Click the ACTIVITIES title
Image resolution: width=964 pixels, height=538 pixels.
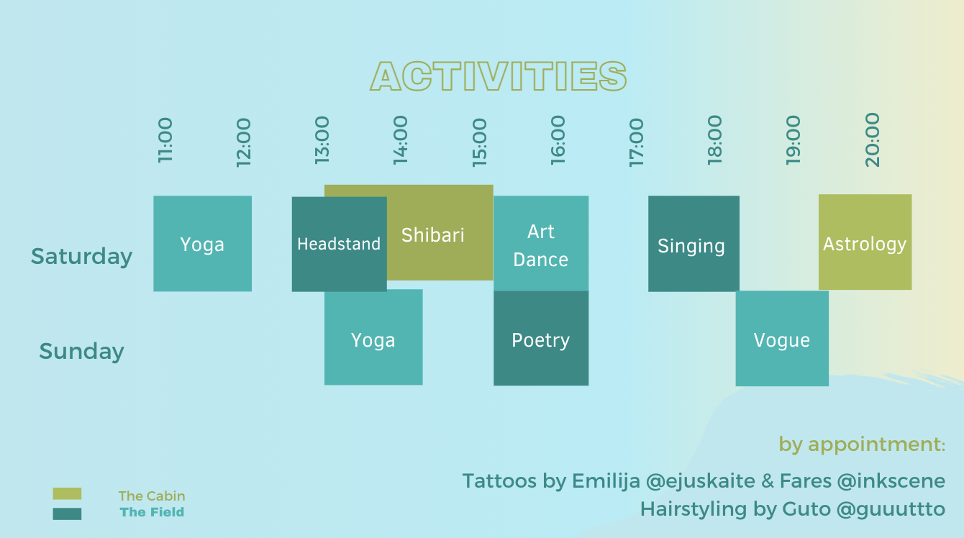pyautogui.click(x=499, y=76)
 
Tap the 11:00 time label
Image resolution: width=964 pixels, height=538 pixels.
pyautogui.click(x=165, y=140)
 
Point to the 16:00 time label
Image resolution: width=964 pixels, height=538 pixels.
pyautogui.click(x=558, y=140)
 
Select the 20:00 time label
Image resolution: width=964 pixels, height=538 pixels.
pyautogui.click(x=873, y=140)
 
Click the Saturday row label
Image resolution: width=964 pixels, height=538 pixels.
pyautogui.click(x=81, y=257)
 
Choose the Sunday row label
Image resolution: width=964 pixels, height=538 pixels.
pyautogui.click(x=81, y=351)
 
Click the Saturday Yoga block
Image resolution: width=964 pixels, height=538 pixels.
pyautogui.click(x=203, y=244)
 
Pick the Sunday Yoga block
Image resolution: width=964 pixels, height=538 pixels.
pyautogui.click(x=373, y=337)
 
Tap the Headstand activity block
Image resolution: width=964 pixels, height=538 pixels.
pyautogui.click(x=339, y=244)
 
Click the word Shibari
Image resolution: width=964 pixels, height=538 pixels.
pyautogui.click(x=433, y=235)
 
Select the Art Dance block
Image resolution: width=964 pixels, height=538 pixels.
pyautogui.click(x=541, y=244)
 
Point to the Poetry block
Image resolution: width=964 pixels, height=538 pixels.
pyautogui.click(x=541, y=338)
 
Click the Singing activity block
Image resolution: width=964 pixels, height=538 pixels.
pyautogui.click(x=694, y=244)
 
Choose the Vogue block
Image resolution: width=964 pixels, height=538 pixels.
pyautogui.click(x=782, y=338)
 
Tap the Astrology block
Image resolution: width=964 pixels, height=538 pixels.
pyautogui.click(x=865, y=242)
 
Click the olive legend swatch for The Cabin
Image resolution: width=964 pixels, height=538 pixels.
pyautogui.click(x=67, y=493)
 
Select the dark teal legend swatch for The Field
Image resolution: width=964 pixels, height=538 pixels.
pyautogui.click(x=67, y=514)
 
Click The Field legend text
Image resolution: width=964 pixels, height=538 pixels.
pyautogui.click(x=152, y=512)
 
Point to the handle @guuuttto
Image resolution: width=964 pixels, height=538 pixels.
pyautogui.click(x=891, y=510)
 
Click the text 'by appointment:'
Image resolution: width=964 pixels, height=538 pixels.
pyautogui.click(x=862, y=445)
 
